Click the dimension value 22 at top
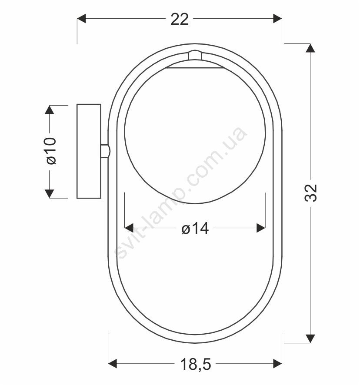pyautogui.click(x=180, y=19)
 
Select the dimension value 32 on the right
pyautogui.click(x=311, y=193)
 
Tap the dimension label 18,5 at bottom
pyautogui.click(x=195, y=364)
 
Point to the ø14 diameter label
pyautogui.click(x=195, y=228)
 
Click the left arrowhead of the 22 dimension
pyautogui.click(x=81, y=18)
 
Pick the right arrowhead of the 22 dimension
pyautogui.click(x=278, y=18)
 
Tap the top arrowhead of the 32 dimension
pyautogui.click(x=310, y=48)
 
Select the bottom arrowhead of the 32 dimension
pyautogui.click(x=310, y=339)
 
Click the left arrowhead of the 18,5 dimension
pyautogui.click(x=112, y=363)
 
